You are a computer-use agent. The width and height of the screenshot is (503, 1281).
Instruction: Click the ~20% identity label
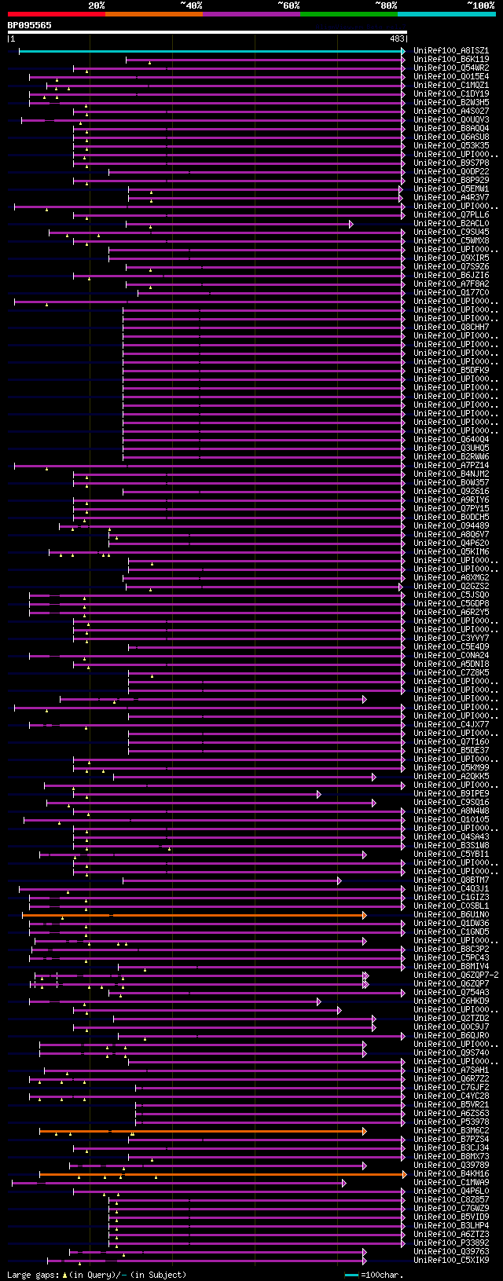coord(96,5)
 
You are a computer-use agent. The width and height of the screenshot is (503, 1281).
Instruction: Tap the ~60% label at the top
coord(288,5)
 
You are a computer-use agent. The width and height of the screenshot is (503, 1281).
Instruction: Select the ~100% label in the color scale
coord(481,5)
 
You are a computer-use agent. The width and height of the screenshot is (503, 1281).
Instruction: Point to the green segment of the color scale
coord(348,14)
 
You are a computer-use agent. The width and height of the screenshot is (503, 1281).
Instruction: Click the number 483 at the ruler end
coord(397,38)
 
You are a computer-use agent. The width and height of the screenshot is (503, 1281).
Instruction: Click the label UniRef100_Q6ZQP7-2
coord(456,975)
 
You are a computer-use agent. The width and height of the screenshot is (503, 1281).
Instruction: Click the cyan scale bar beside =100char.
coord(351,1275)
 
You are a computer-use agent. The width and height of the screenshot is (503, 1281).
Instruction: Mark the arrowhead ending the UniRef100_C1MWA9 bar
coord(344,1183)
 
